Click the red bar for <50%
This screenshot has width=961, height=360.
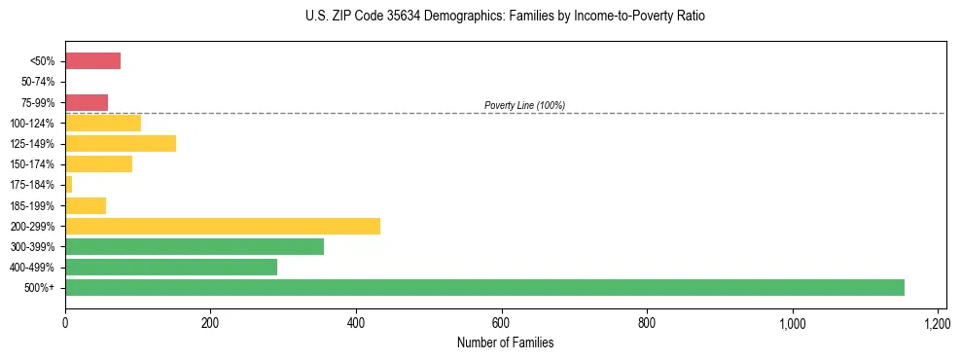[92, 61]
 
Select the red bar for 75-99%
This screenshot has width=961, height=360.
[87, 102]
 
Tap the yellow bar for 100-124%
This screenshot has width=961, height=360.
[103, 123]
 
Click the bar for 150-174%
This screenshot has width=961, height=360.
[98, 164]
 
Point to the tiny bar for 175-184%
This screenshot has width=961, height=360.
[69, 185]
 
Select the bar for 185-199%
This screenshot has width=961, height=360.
[86, 205]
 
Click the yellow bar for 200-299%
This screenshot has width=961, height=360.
[223, 226]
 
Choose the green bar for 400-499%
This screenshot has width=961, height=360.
[171, 267]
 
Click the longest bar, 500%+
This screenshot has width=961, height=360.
[484, 287]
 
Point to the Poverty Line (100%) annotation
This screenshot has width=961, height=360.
[524, 105]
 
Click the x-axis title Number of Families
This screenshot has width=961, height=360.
[505, 342]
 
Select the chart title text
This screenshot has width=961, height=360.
[505, 17]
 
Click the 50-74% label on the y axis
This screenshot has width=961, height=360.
[39, 82]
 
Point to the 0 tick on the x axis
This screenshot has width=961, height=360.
[65, 322]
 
